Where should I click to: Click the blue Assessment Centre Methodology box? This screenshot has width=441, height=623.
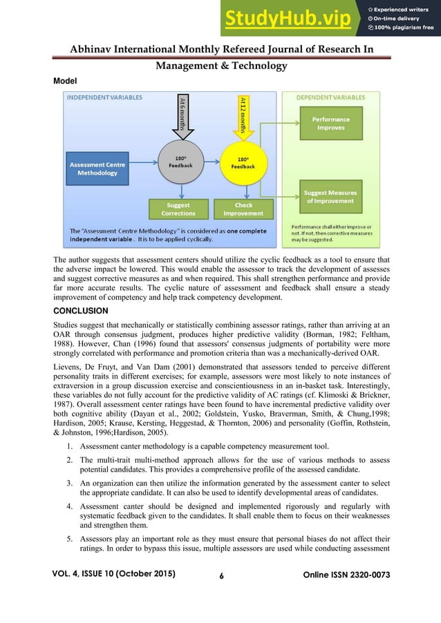pos(97,169)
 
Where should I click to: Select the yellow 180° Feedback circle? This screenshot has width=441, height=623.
pos(243,163)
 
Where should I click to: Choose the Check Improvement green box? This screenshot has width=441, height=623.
pos(243,209)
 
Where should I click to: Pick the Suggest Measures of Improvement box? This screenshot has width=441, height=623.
pos(331,196)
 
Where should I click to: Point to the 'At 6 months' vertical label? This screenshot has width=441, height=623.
pos(182,113)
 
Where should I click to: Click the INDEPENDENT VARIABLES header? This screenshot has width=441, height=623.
pos(104,98)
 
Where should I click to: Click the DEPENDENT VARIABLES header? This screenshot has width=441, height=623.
pos(331,98)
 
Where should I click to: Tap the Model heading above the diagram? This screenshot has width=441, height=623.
pos(65,81)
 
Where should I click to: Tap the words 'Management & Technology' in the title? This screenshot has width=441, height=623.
pos(220,66)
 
